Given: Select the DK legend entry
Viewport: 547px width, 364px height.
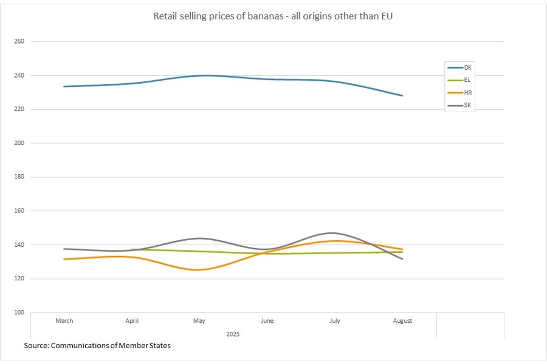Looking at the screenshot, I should click(467, 67).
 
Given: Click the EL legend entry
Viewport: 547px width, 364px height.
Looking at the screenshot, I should click(467, 79).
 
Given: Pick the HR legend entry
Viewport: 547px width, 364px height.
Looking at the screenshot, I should click(467, 92).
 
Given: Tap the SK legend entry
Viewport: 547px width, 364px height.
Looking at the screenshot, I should click(467, 105).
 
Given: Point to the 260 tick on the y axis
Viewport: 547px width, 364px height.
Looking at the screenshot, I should click(19, 41).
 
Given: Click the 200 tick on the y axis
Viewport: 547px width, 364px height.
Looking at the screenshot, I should click(19, 143).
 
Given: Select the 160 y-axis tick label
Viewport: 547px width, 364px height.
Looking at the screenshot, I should click(19, 211).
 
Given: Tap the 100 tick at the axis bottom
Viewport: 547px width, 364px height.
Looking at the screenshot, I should click(19, 312).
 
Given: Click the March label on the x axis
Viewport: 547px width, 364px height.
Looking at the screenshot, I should click(64, 321).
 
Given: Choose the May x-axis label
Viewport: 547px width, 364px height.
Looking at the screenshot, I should click(199, 321).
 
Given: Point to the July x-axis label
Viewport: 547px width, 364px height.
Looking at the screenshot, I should click(335, 321).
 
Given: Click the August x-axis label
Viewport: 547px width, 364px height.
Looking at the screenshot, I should click(402, 321).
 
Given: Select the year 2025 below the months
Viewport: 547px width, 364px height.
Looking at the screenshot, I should click(233, 334).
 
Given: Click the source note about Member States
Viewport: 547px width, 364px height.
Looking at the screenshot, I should click(97, 346).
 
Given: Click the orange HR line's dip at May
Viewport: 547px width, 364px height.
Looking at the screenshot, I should click(198, 269).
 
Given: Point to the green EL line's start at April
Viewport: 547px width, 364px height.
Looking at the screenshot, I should click(132, 249).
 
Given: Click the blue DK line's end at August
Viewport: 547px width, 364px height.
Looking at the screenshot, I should click(402, 96).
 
